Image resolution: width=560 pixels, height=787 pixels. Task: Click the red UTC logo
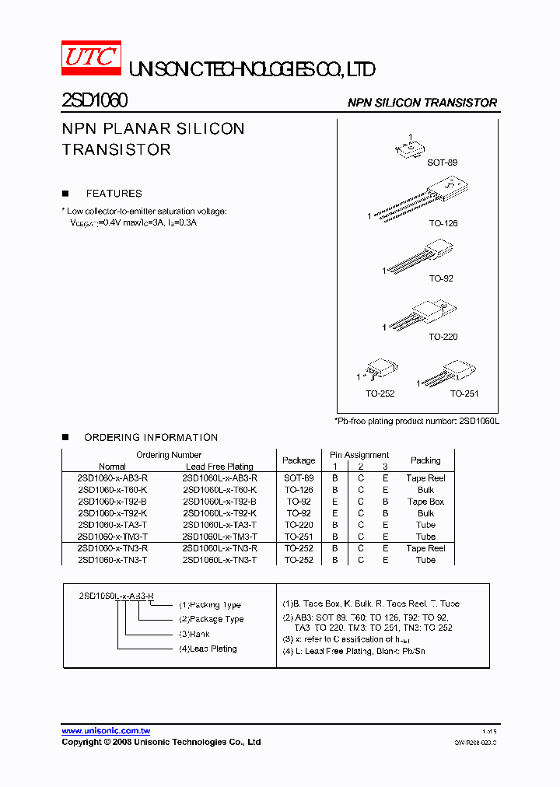tap(91, 58)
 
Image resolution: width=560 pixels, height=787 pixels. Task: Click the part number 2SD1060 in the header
tap(94, 101)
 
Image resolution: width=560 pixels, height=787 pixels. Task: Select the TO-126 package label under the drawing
tap(443, 223)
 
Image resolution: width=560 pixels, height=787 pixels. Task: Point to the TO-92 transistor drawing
tap(419, 257)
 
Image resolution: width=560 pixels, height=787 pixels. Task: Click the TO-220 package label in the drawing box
tap(443, 337)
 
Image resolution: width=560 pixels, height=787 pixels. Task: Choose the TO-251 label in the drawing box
tap(464, 393)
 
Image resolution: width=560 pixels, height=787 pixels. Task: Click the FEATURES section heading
tap(114, 194)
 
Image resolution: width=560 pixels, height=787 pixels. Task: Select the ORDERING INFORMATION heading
tap(151, 438)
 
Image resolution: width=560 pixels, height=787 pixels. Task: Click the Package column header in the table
tap(299, 460)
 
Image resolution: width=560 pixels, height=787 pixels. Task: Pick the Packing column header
tap(425, 460)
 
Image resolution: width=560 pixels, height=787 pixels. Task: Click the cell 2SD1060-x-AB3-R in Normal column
tap(113, 478)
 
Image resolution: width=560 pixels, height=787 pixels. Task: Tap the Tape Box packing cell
tap(425, 502)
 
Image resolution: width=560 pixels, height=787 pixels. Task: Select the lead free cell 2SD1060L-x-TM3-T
tap(219, 537)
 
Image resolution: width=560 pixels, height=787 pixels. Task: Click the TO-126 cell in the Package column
tap(299, 490)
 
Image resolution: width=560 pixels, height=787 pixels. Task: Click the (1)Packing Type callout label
tap(209, 604)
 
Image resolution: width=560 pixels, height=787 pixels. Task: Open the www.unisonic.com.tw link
tap(106, 731)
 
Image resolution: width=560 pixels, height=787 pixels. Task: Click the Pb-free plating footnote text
tap(416, 421)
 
